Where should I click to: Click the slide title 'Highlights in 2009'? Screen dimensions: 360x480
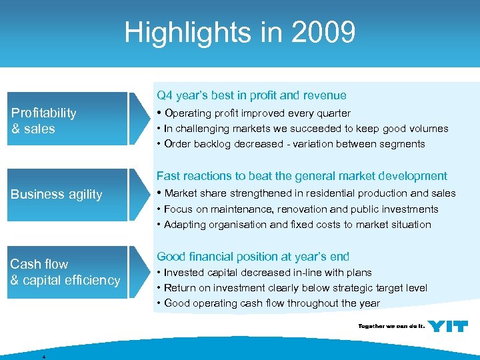(240, 32)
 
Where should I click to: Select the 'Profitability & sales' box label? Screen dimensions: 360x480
(44, 121)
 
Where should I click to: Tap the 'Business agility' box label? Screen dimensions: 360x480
(57, 195)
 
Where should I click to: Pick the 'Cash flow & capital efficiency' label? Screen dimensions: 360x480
(65, 272)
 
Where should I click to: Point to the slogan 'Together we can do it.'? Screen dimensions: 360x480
(391, 327)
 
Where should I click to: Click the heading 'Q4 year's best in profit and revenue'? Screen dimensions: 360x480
(251, 95)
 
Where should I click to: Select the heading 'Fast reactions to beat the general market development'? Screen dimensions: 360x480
(301, 176)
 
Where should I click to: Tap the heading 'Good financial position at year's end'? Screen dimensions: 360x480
(253, 257)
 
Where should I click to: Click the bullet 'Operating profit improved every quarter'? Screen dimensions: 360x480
(257, 113)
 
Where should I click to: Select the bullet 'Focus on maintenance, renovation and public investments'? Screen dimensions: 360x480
(291, 209)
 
